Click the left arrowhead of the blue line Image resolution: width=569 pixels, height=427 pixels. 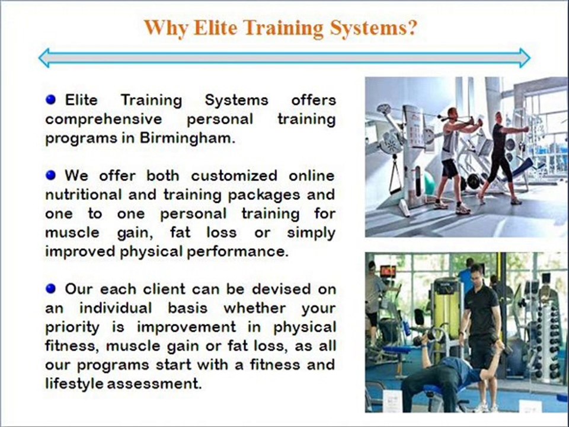point(44,58)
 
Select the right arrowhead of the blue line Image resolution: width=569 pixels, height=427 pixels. point(525,58)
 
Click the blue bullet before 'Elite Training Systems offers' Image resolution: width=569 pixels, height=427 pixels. point(51,99)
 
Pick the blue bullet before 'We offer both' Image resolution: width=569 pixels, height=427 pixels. point(51,176)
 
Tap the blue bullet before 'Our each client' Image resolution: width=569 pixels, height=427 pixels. point(51,289)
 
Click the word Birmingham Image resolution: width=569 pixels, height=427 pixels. point(188,138)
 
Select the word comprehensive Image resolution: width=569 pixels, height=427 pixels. point(104,120)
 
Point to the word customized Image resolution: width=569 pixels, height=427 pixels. point(234,176)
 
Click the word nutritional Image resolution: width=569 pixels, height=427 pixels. point(84,195)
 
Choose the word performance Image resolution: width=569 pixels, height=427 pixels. point(238,252)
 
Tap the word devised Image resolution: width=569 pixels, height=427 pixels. point(281,289)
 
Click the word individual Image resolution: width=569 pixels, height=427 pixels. point(116,308)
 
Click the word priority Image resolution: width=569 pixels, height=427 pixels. point(72,328)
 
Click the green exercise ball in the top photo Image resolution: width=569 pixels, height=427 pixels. point(427,183)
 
